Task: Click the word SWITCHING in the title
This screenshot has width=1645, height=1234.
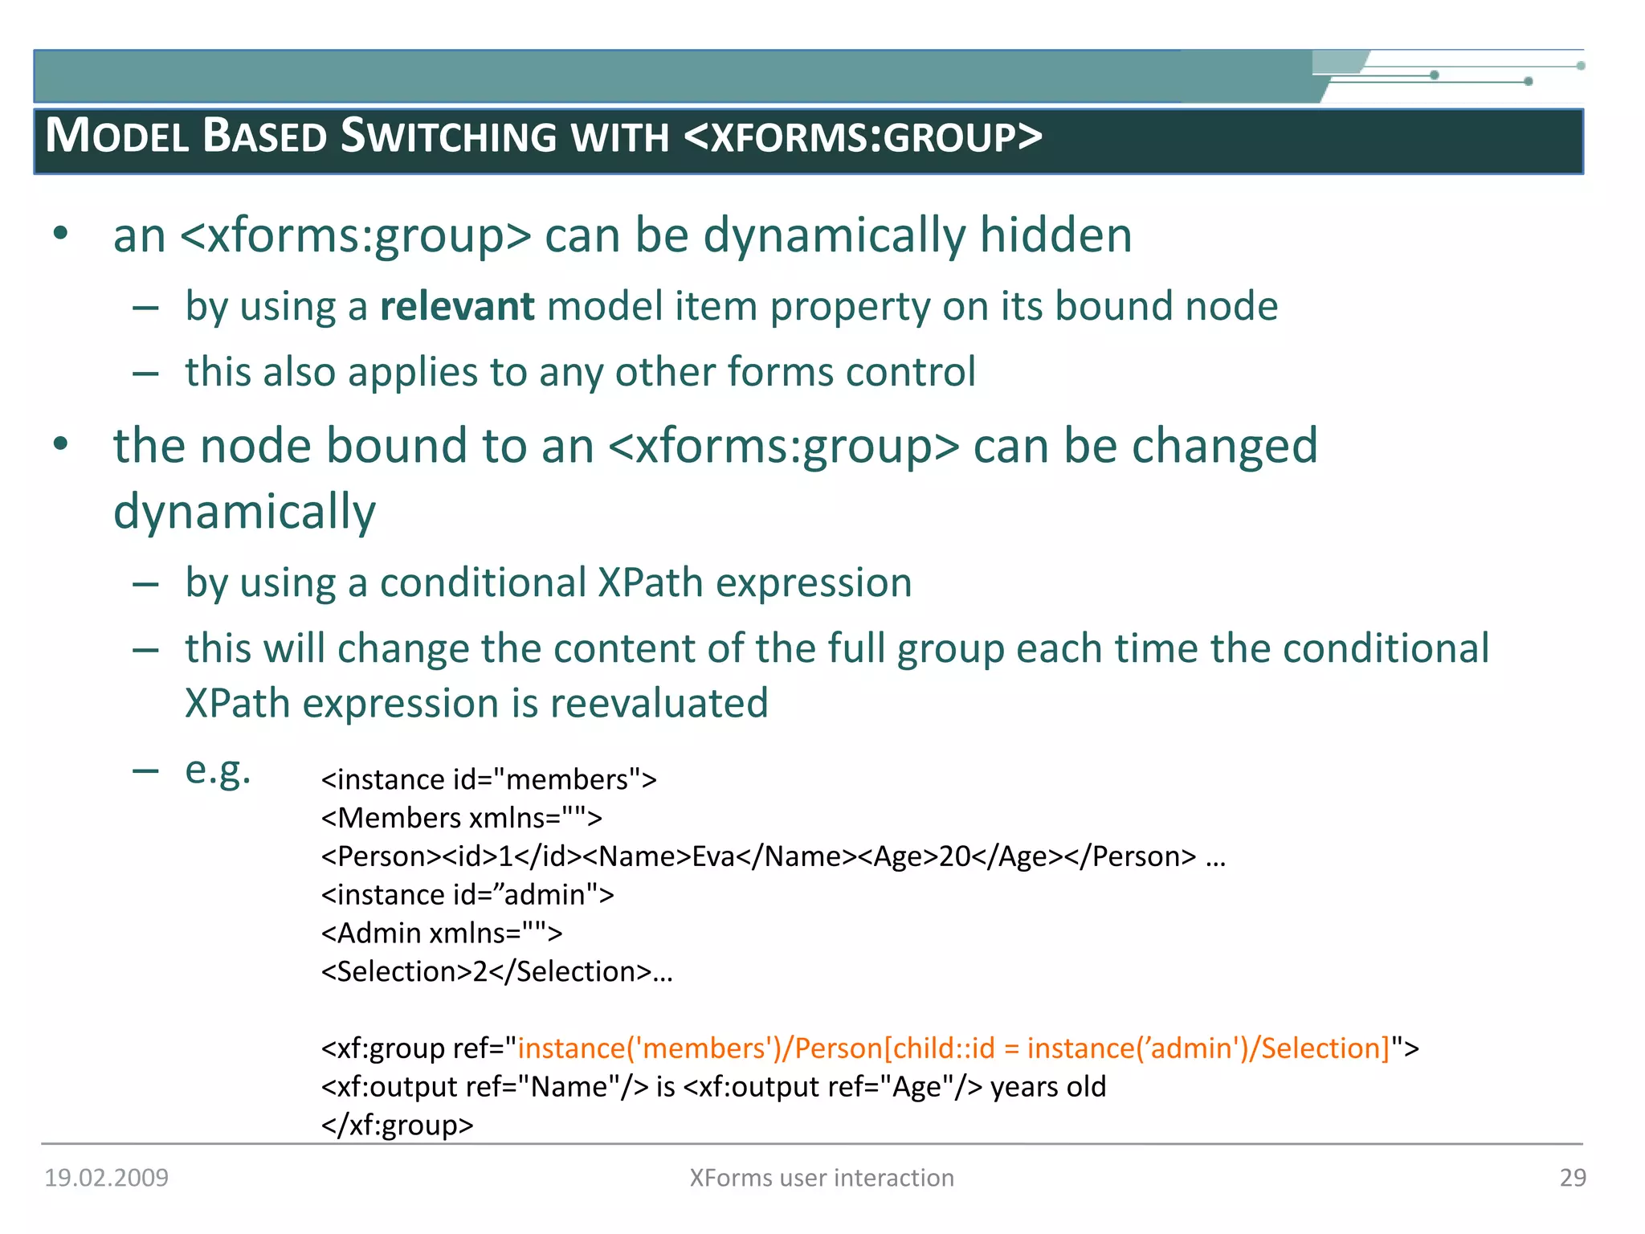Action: [448, 136]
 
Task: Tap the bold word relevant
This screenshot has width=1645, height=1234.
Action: [456, 307]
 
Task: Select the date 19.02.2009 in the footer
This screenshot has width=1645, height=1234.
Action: [106, 1178]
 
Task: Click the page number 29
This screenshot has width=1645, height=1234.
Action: [1573, 1178]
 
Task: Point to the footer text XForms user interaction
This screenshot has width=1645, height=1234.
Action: [822, 1178]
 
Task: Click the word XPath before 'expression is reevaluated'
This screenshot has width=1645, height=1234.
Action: [238, 704]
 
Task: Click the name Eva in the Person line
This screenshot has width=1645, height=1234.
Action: [712, 856]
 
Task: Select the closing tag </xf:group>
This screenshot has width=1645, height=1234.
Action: [398, 1125]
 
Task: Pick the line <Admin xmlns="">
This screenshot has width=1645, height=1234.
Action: [442, 934]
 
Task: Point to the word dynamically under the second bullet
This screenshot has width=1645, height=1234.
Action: [244, 512]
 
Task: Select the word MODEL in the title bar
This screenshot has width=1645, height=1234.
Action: [117, 136]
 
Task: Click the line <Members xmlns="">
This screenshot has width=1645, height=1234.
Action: [461, 818]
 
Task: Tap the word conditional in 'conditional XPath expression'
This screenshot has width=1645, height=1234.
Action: [483, 583]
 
